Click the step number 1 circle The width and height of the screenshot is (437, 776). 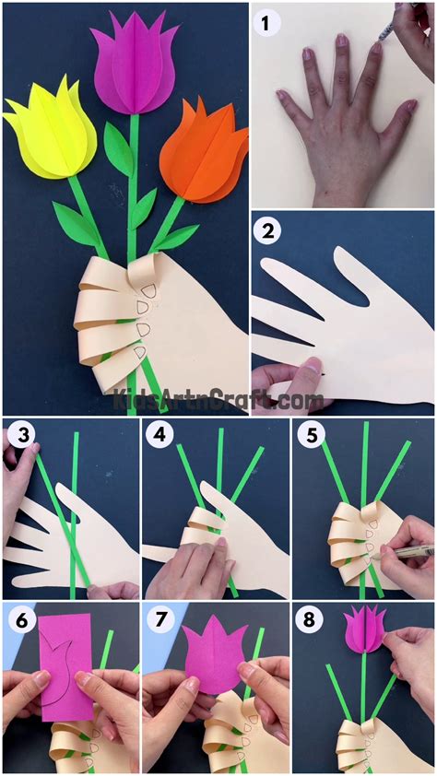269,25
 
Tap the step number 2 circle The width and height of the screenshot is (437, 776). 269,231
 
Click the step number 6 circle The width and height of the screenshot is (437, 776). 21,619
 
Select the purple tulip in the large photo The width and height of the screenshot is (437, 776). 135,69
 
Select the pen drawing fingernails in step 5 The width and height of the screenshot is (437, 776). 406,551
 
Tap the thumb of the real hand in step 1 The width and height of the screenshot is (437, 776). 403,117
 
